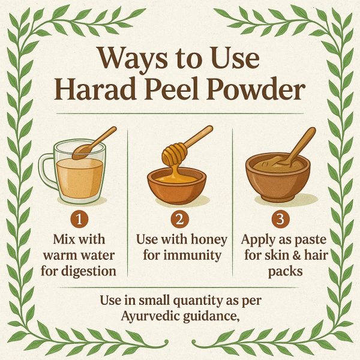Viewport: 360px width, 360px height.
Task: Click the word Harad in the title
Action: tap(95, 88)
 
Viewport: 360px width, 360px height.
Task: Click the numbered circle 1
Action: tap(79, 219)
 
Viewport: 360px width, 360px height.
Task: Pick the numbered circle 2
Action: tap(180, 219)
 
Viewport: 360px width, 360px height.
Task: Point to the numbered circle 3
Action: tap(280, 219)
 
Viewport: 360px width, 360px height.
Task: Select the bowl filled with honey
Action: tap(177, 185)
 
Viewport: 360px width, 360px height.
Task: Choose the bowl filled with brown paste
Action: tap(278, 178)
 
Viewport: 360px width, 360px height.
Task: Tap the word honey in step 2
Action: tap(209, 240)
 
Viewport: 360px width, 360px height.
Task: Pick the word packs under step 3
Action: tap(286, 271)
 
